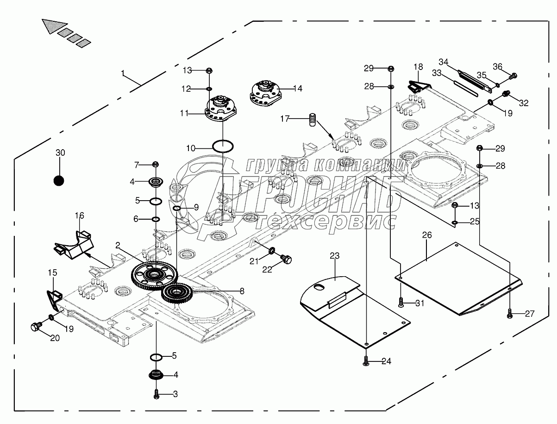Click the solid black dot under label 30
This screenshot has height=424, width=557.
pyautogui.click(x=59, y=181)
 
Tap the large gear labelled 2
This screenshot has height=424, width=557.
pyautogui.click(x=155, y=275)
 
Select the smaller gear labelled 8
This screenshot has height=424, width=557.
pyautogui.click(x=177, y=293)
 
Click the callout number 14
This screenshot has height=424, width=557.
pyautogui.click(x=297, y=89)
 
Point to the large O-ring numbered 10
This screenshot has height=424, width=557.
pyautogui.click(x=223, y=146)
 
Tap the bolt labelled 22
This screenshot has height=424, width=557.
pyautogui.click(x=286, y=259)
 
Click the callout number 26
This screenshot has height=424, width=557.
pyautogui.click(x=427, y=235)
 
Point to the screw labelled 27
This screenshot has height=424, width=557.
pyautogui.click(x=510, y=313)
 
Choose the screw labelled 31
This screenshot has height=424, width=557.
pyautogui.click(x=401, y=303)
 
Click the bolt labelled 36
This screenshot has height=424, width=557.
pyautogui.click(x=513, y=76)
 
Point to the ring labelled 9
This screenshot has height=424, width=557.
pyautogui.click(x=176, y=209)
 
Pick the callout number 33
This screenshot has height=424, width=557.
pyautogui.click(x=437, y=73)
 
